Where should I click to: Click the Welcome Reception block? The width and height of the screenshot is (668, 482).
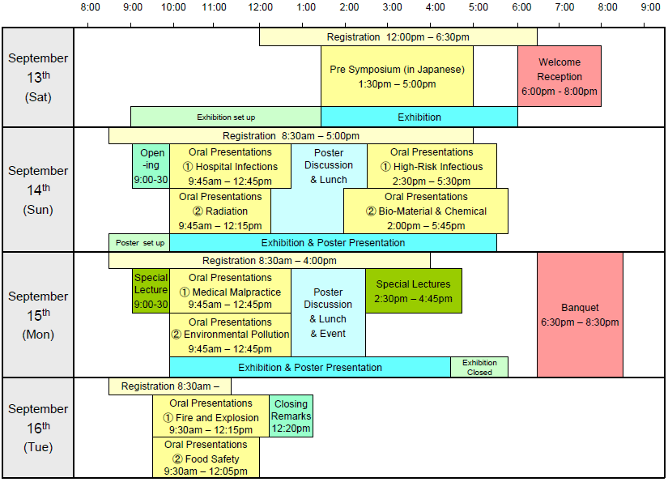pyautogui.click(x=560, y=76)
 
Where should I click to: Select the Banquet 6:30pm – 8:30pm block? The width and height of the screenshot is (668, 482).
pyautogui.click(x=580, y=314)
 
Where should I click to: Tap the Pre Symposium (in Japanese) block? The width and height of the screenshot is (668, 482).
pyautogui.click(x=397, y=76)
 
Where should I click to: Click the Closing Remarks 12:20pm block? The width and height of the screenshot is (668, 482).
pyautogui.click(x=291, y=416)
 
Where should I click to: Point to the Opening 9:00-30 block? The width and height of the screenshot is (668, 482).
pyautogui.click(x=151, y=166)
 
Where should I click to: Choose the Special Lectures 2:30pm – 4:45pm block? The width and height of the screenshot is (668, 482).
pyautogui.click(x=413, y=291)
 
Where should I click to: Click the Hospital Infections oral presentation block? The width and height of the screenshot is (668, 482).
pyautogui.click(x=230, y=166)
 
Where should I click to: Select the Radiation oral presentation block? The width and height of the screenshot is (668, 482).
pyautogui.click(x=220, y=211)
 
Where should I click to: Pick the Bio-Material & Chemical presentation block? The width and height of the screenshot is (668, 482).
pyautogui.click(x=426, y=211)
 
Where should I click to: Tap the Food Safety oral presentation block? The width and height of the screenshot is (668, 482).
pyautogui.click(x=206, y=459)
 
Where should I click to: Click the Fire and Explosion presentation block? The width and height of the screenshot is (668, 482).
pyautogui.click(x=211, y=417)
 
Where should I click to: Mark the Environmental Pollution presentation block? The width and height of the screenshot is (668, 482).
pyautogui.click(x=230, y=335)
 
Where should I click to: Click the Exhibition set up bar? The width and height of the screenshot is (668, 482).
pyautogui.click(x=226, y=117)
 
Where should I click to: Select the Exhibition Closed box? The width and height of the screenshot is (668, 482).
pyautogui.click(x=479, y=367)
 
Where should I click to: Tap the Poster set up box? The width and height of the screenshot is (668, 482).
pyautogui.click(x=139, y=242)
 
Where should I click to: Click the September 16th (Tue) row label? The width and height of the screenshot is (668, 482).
pyautogui.click(x=38, y=428)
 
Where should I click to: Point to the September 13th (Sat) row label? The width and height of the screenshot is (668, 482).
pyautogui.click(x=38, y=77)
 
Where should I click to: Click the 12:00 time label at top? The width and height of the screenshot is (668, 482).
pyautogui.click(x=260, y=7)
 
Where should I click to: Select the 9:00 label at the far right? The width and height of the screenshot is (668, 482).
pyautogui.click(x=649, y=7)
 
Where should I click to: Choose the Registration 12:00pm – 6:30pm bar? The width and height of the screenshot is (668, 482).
pyautogui.click(x=398, y=37)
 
